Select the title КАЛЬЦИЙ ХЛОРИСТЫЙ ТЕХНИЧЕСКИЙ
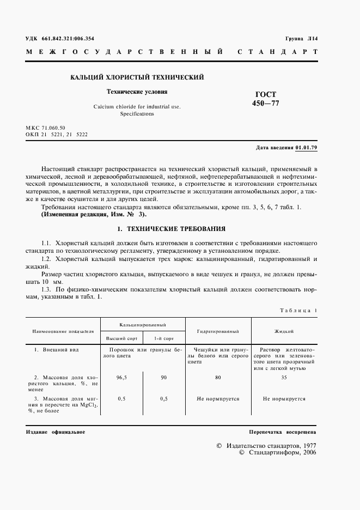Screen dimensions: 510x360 (x=137, y=77)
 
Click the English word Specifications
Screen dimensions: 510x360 (x=137, y=114)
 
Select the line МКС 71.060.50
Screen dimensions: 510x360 (x=45, y=126)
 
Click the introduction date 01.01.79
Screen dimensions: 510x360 (x=306, y=148)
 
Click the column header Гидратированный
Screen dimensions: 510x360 (x=218, y=331)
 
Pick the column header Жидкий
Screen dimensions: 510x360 (x=284, y=331)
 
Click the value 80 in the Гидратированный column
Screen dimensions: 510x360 (x=218, y=377)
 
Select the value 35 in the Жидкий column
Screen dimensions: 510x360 (x=284, y=377)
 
